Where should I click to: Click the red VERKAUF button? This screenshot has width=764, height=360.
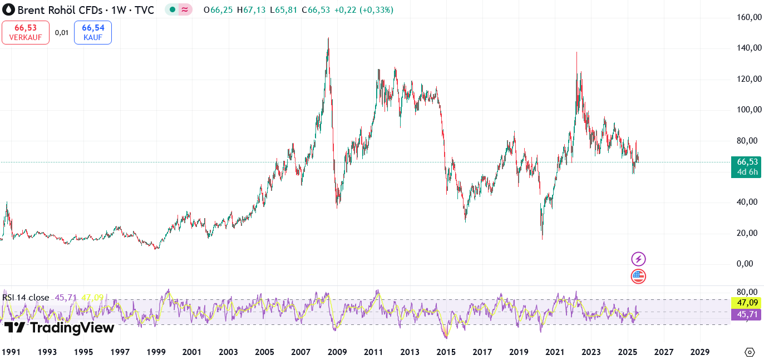[25, 32]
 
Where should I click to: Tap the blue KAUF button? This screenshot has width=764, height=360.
[92, 32]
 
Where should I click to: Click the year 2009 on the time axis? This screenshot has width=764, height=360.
[337, 352]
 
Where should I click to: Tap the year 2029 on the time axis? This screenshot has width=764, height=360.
[699, 352]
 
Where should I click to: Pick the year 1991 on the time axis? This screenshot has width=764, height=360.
[11, 352]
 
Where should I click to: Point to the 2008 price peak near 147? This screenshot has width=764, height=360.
[328, 38]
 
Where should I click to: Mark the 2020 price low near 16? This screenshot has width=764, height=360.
[543, 239]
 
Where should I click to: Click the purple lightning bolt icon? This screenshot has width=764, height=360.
[638, 259]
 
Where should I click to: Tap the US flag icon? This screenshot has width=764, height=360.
[638, 276]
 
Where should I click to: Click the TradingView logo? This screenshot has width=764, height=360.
[59, 328]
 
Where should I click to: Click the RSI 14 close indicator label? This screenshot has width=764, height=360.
[26, 298]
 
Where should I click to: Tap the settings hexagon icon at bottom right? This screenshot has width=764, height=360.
[750, 352]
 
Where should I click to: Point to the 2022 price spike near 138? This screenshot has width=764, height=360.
[576, 53]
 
